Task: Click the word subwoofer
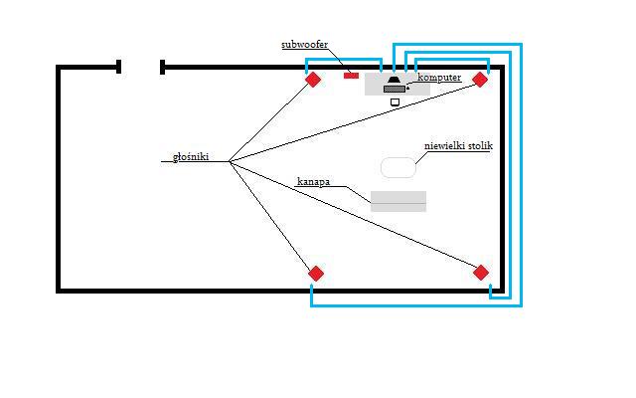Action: [305, 45]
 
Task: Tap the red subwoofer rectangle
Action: [351, 76]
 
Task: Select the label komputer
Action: [439, 78]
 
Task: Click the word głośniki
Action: [191, 157]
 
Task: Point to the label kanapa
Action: [314, 181]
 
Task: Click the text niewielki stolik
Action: [458, 146]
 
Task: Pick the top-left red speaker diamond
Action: [313, 80]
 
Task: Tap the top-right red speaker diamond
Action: [480, 80]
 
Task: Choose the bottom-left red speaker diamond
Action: [316, 274]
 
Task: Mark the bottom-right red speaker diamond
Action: [481, 273]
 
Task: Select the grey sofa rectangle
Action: [398, 201]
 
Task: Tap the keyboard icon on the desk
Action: [395, 89]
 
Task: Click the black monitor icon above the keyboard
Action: [394, 80]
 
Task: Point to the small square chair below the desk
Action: [395, 102]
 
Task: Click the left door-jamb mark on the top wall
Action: [119, 67]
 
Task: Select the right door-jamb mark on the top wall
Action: [163, 67]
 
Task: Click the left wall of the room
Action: [59, 179]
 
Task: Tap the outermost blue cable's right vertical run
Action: [521, 175]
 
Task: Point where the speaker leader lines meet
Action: [230, 161]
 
